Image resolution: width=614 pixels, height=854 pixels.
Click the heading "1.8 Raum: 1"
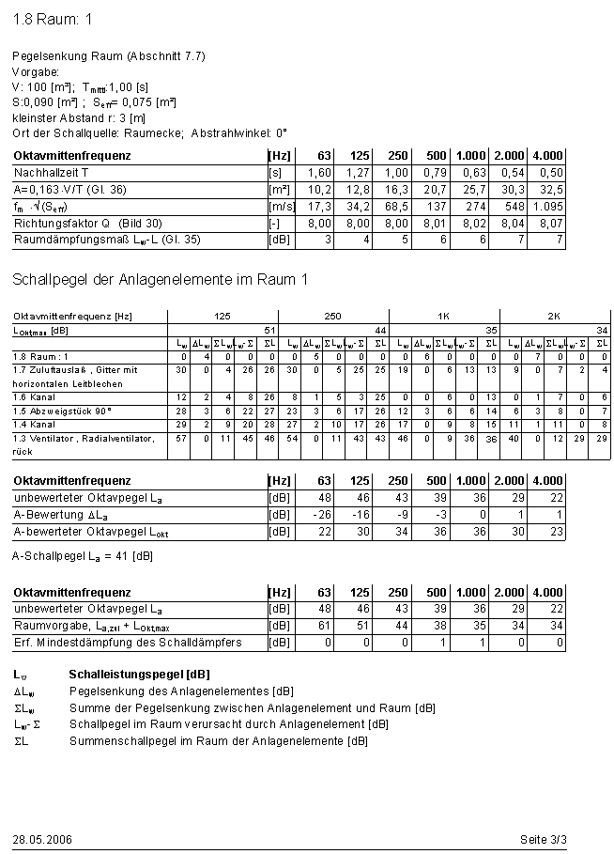point(53,20)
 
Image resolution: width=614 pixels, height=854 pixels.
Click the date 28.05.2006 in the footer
point(42,838)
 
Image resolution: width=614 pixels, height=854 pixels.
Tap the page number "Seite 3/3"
point(543,838)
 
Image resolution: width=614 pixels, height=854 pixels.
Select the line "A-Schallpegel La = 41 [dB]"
point(83,556)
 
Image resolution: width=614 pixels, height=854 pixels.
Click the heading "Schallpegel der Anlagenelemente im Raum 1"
point(161,279)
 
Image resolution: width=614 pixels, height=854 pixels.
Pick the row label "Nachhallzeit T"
point(52,173)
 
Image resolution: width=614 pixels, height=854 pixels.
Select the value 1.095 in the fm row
point(548,207)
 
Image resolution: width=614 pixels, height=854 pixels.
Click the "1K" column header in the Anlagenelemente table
point(443,317)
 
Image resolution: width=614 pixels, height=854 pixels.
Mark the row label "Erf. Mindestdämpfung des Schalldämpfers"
point(128,643)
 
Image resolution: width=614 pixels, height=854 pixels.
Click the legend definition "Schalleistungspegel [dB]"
point(138,675)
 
